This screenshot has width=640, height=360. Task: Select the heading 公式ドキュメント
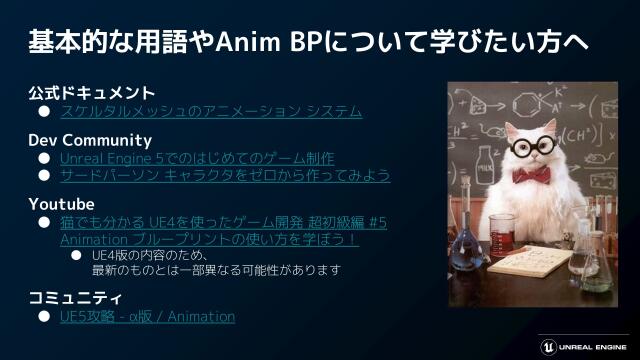pyautogui.click(x=91, y=93)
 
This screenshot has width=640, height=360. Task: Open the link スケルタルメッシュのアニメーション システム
pyautogui.click(x=210, y=111)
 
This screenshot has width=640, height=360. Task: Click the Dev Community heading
pyautogui.click(x=90, y=140)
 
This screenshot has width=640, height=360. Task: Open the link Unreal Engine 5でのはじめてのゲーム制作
pyautogui.click(x=197, y=158)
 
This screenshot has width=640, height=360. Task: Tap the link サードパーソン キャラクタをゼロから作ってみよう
pyautogui.click(x=224, y=175)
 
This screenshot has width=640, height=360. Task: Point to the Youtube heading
pyautogui.click(x=61, y=204)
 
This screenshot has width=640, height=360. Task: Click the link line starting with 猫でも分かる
pyautogui.click(x=223, y=222)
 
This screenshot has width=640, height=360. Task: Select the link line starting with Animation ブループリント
pyautogui.click(x=209, y=240)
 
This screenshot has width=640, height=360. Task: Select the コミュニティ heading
pyautogui.click(x=75, y=298)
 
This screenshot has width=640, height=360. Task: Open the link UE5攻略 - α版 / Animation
pyautogui.click(x=147, y=317)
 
